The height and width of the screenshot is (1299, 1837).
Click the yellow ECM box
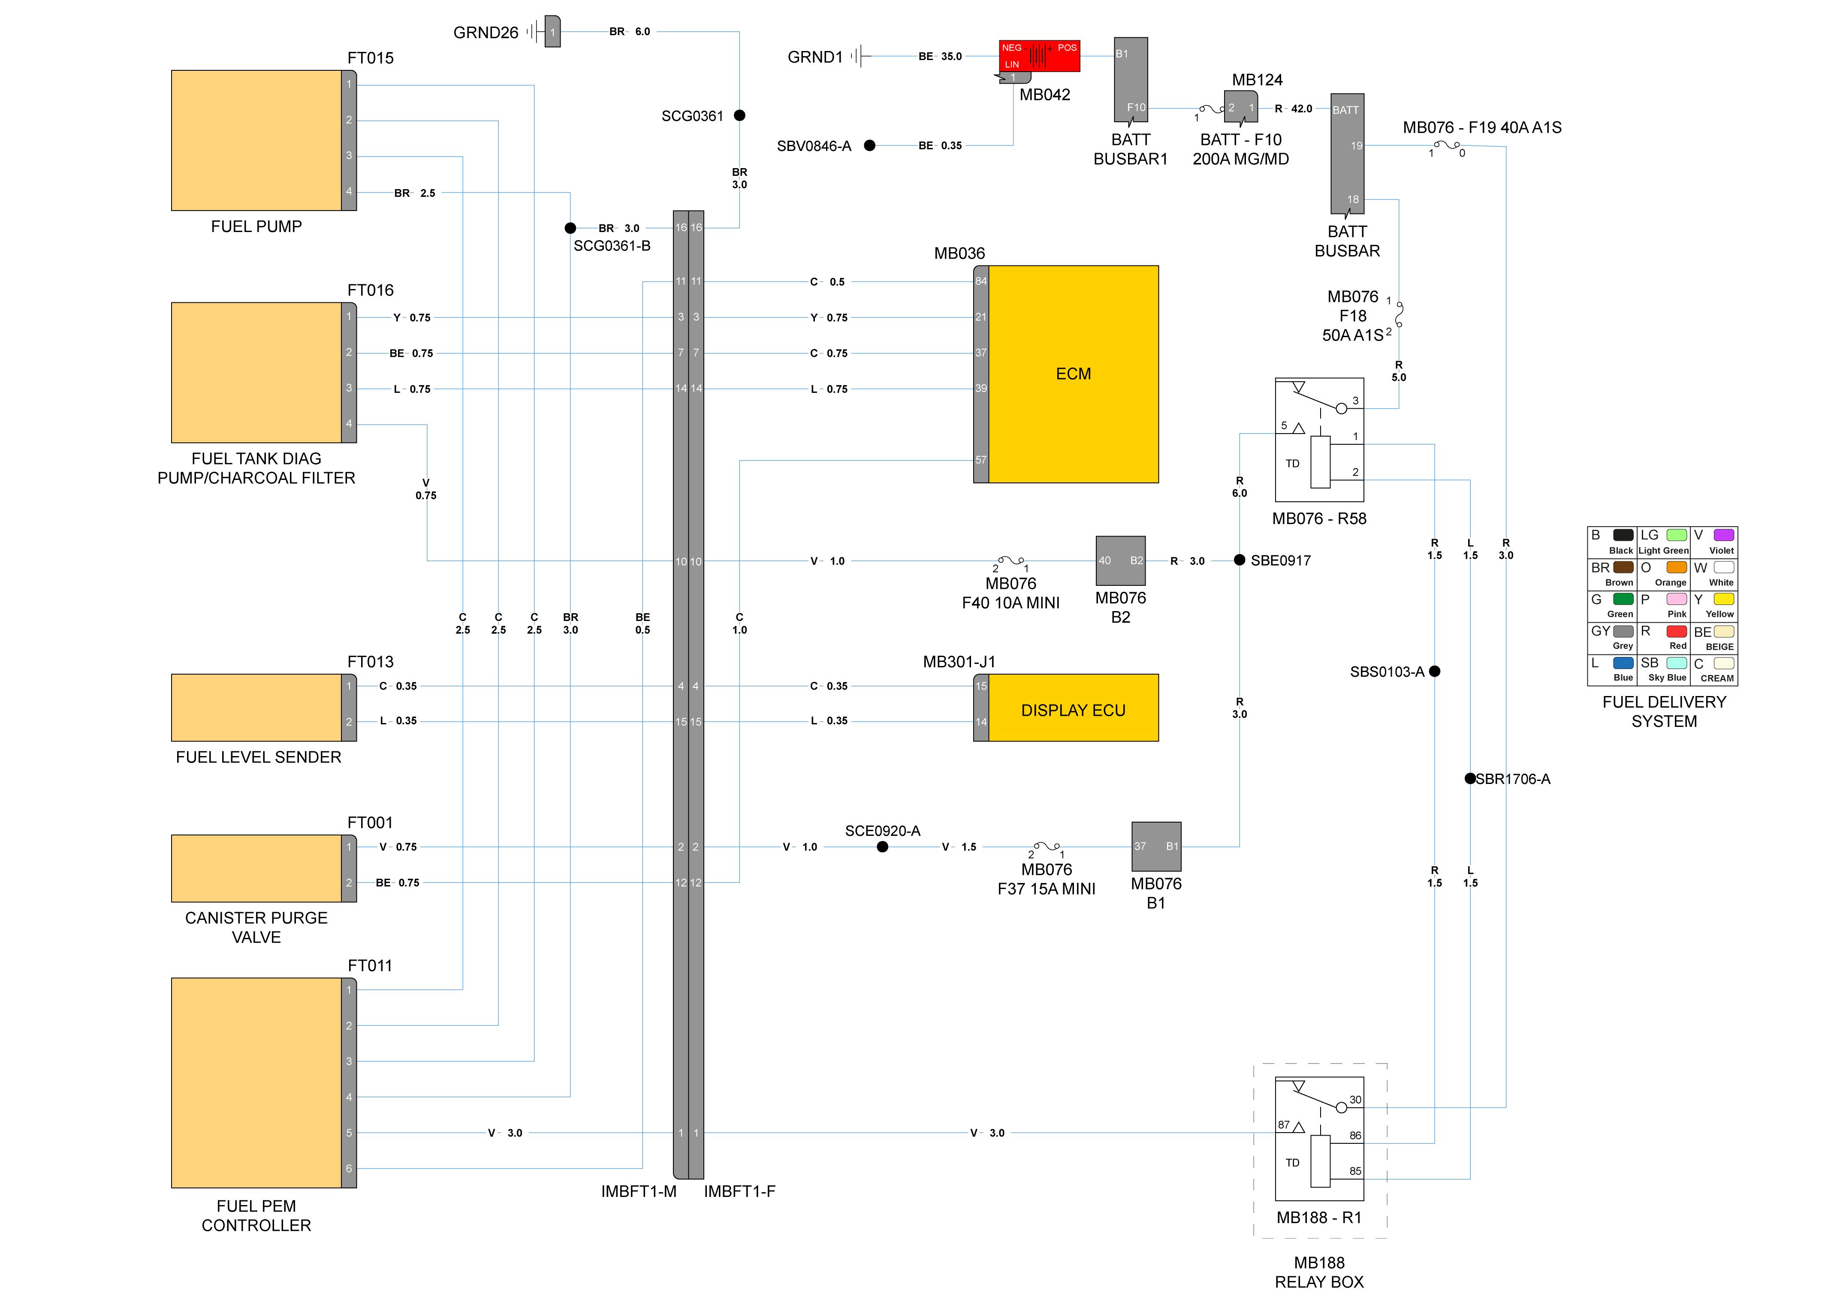coord(1073,374)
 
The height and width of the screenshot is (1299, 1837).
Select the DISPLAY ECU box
coord(1073,708)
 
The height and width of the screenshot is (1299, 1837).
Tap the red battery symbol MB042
coord(1039,56)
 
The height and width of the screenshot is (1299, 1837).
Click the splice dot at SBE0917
coord(1240,560)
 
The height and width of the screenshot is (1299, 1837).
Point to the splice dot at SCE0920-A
coord(883,846)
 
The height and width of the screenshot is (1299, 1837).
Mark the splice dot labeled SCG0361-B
coord(570,228)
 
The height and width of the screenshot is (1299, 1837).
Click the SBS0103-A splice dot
coord(1435,671)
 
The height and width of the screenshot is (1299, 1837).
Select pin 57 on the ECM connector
coord(981,460)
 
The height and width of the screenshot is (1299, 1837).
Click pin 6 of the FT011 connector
coord(349,1169)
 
